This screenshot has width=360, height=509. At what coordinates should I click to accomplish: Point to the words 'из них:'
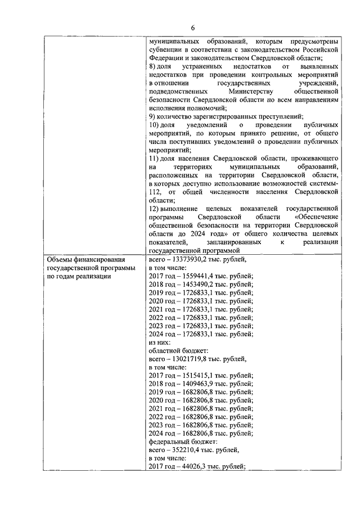pos(160,341)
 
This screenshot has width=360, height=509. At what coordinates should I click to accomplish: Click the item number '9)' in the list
pos(152,116)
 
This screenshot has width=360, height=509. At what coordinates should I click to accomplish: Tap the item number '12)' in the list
pos(154,208)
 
